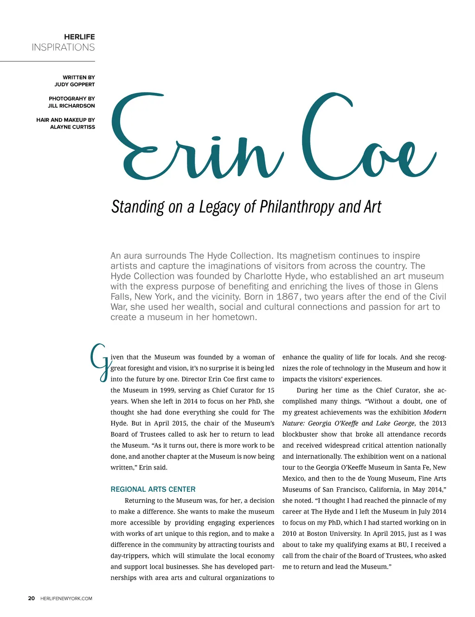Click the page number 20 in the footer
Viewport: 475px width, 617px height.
click(x=32, y=598)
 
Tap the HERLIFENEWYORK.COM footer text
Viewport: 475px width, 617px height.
click(x=66, y=598)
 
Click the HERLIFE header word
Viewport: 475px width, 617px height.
click(x=79, y=37)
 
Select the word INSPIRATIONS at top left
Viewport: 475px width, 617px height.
click(x=63, y=47)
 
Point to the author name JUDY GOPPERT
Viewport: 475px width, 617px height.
click(x=74, y=84)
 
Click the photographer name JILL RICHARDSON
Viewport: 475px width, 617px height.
click(x=71, y=106)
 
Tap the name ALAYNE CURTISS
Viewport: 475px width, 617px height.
click(x=72, y=127)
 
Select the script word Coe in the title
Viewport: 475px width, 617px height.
click(x=366, y=139)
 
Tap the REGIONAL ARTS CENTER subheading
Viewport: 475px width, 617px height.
click(x=153, y=489)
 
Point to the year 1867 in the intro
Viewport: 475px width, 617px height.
click(x=288, y=297)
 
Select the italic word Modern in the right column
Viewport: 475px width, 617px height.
click(x=435, y=412)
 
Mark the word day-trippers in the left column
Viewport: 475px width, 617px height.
click(x=129, y=556)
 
